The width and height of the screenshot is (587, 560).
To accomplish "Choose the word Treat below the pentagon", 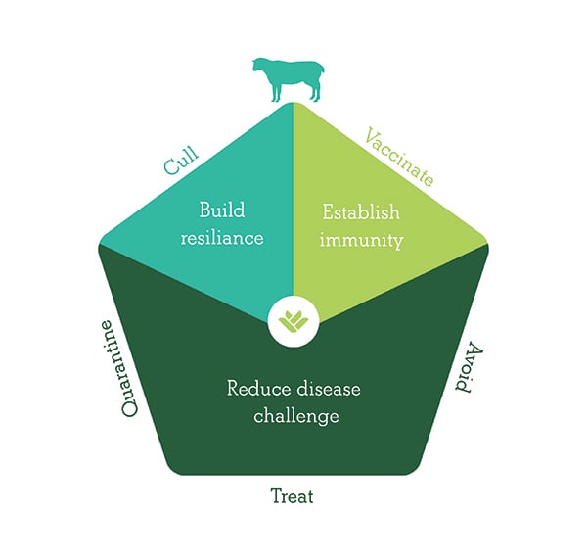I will click(x=292, y=496).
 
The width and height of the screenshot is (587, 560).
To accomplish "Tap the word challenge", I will click(x=295, y=415).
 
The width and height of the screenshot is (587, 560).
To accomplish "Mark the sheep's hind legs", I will click(x=315, y=93).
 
